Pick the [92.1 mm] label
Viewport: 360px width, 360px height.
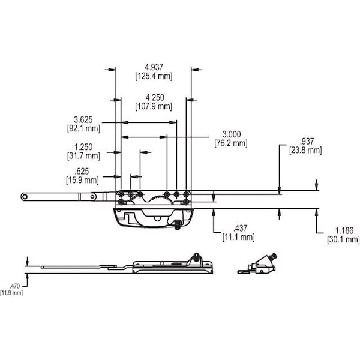[x=83, y=128]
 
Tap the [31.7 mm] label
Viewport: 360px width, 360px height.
[x=83, y=157]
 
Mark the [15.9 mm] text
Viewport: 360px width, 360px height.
[x=83, y=179]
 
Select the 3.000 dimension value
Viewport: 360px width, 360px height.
[x=231, y=134]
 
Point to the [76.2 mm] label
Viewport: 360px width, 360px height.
[x=231, y=143]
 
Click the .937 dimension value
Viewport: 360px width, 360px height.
[x=306, y=141]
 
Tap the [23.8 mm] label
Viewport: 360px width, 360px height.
[x=306, y=151]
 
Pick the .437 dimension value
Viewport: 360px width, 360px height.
[x=239, y=228]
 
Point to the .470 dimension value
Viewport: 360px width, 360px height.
[x=11, y=286]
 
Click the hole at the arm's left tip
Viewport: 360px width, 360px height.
[x=25, y=196]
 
